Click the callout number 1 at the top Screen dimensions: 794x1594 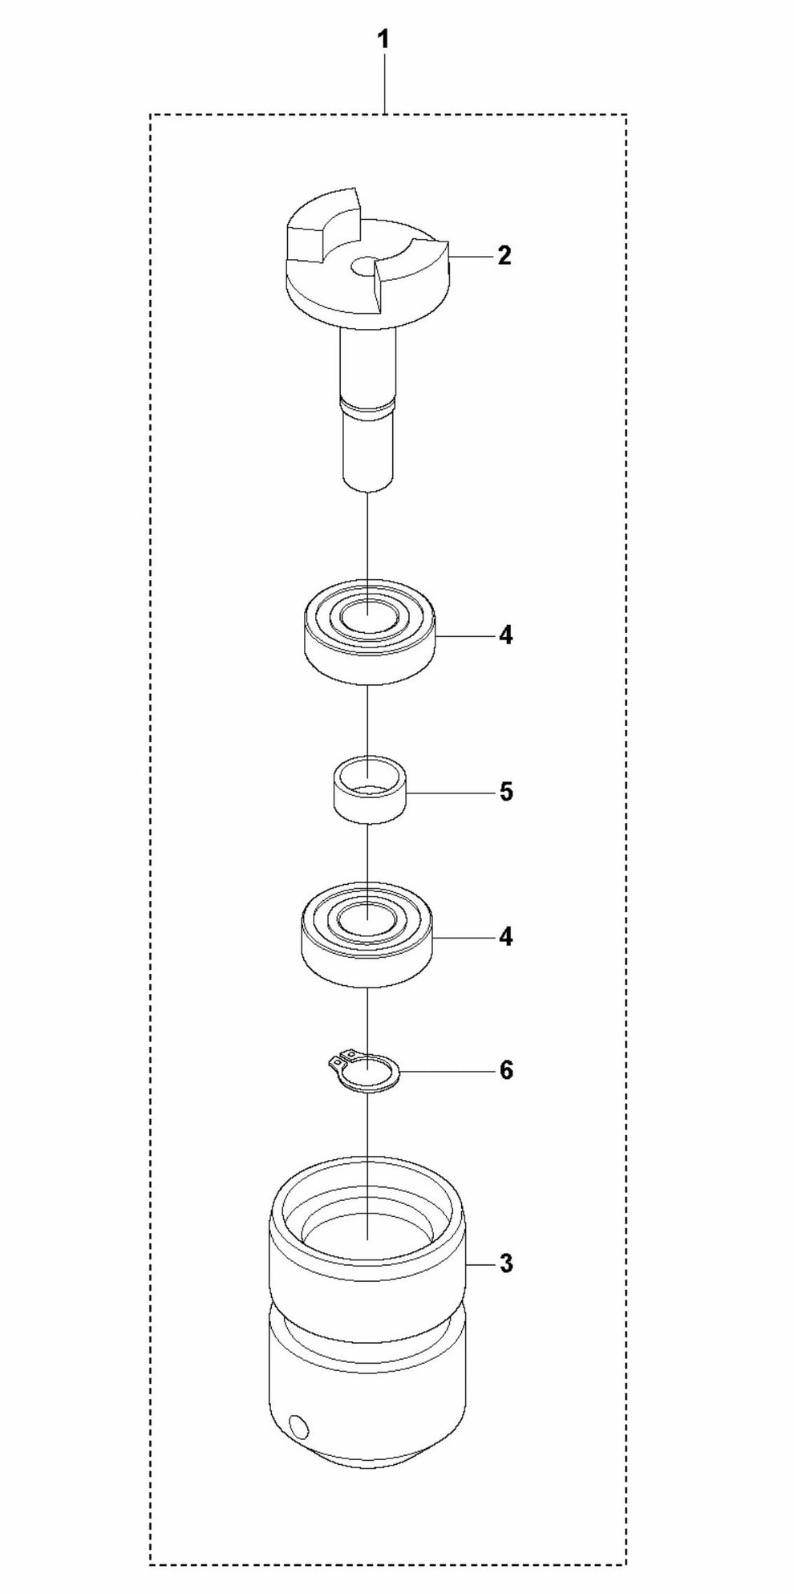coord(384,40)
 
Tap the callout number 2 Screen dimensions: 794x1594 coord(504,256)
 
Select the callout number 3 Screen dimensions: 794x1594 coord(505,1263)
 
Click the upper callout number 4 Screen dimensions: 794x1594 coord(505,636)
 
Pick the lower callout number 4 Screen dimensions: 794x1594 coord(505,937)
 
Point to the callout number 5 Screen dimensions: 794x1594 coord(505,793)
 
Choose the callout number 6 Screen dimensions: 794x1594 coord(505,1070)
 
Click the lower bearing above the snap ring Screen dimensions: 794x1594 coord(368,935)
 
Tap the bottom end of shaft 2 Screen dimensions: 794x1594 coord(367,481)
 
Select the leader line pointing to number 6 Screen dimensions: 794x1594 coord(446,1071)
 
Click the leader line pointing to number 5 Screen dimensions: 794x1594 coord(448,793)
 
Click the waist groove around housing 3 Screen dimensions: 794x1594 coord(367,1336)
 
